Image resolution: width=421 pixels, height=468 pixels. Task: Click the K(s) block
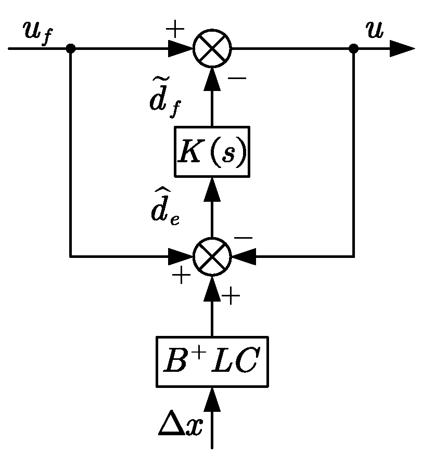pos(212,151)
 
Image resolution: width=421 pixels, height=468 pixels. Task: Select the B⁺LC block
pos(212,361)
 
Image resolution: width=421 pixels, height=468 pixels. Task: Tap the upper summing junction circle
pos(212,49)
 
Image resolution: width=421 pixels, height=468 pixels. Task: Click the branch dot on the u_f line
pos(71,49)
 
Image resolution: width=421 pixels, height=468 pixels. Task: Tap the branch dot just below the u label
pos(353,49)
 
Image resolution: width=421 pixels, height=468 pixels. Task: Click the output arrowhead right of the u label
pos(401,49)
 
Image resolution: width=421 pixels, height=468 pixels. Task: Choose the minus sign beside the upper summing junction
pos(237,79)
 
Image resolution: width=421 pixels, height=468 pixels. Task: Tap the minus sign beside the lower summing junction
pos(243,237)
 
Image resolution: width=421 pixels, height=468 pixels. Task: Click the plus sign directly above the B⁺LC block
pos(231,297)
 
